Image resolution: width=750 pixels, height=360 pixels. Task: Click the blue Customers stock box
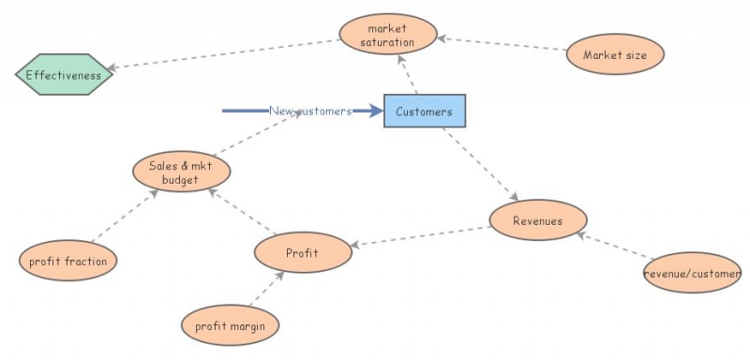[x=425, y=111]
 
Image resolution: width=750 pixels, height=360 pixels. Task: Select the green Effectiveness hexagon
[x=64, y=75]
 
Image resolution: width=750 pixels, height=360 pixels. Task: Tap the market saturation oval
[x=388, y=34]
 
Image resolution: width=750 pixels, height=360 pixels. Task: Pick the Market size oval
[x=615, y=54]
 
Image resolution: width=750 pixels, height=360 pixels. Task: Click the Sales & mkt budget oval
[x=181, y=172]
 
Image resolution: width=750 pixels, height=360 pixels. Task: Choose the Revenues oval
[x=538, y=220]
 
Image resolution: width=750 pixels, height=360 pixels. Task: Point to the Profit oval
[x=303, y=252]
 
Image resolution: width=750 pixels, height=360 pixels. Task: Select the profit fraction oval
[x=67, y=261]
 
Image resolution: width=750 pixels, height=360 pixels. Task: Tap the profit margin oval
[x=230, y=325]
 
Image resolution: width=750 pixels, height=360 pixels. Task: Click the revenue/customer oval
[x=692, y=273]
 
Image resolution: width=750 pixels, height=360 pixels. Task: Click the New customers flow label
[x=310, y=111]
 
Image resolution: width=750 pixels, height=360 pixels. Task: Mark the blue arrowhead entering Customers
[x=375, y=111]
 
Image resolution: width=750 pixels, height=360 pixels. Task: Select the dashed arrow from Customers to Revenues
[x=480, y=164]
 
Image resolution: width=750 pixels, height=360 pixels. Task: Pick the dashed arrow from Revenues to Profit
[x=421, y=236]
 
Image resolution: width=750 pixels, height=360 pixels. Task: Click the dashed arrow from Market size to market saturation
[x=502, y=43]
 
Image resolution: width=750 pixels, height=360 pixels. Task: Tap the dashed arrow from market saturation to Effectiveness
[x=224, y=54]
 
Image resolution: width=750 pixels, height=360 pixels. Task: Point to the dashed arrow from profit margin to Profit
[x=267, y=289]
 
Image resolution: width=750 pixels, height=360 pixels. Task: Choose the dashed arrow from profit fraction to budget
[x=125, y=216]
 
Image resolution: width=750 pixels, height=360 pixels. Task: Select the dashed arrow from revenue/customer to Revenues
[x=615, y=246]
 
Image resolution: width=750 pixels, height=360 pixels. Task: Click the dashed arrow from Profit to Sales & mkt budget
[x=243, y=211]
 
